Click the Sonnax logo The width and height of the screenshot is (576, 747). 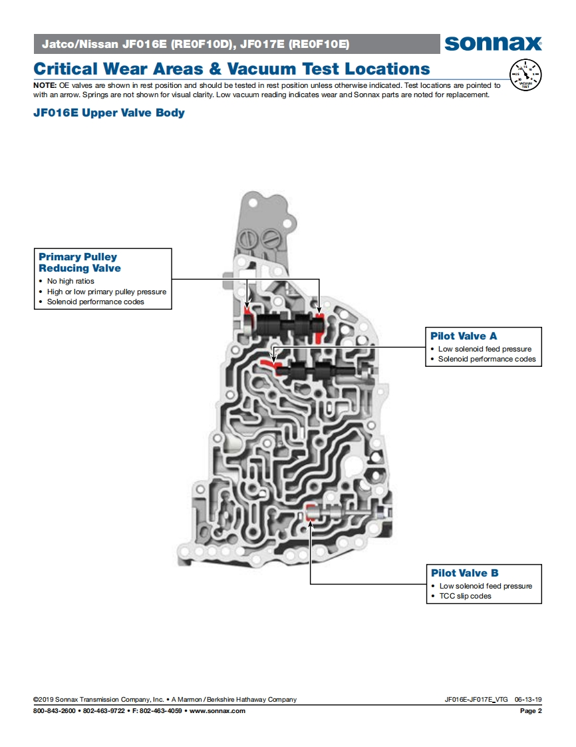coord(493,44)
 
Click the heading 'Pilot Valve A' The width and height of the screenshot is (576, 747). coord(464,336)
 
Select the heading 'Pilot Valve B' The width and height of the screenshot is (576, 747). coord(464,573)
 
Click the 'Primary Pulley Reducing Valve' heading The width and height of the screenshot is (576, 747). coord(80,262)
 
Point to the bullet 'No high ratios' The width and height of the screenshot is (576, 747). coord(71,282)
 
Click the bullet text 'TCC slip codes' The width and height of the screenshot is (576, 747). coord(465,596)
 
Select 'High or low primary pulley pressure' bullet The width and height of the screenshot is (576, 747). coord(106,292)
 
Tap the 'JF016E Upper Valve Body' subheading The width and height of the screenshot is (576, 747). coord(109,113)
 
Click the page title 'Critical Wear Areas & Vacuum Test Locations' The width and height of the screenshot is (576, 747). coord(231,69)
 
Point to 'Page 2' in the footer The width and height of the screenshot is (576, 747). coord(531,711)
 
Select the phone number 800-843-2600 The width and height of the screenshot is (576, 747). coord(55,711)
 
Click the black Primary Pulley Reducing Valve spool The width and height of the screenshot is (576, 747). coord(286,326)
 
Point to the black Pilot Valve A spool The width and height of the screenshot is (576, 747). coord(313,371)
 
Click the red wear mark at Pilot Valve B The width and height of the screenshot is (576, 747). coord(309,512)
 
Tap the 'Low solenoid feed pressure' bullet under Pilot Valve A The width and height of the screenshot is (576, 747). coord(484,349)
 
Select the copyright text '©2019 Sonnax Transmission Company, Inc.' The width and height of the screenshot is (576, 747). coord(98,700)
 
